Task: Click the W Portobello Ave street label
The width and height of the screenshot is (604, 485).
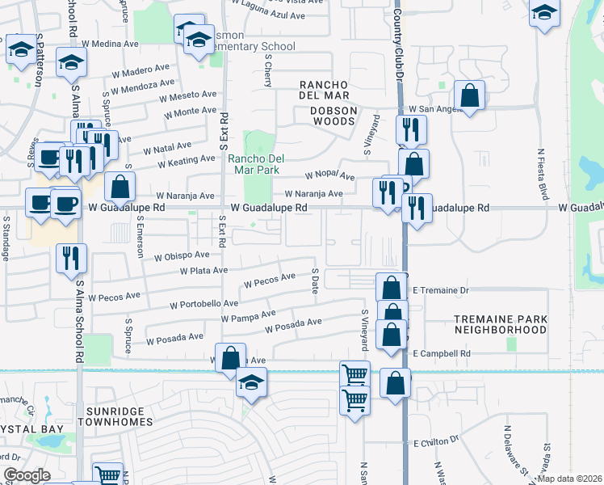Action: click(x=203, y=305)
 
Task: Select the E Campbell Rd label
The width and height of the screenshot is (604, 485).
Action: click(x=441, y=353)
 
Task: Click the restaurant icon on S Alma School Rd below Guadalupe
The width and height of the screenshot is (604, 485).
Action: click(x=71, y=259)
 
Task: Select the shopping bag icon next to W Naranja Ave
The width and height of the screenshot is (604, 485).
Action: click(x=120, y=188)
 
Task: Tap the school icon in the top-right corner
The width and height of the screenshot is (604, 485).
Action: click(x=545, y=14)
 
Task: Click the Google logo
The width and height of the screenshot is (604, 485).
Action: click(x=26, y=475)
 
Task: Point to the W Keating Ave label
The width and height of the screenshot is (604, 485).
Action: click(x=186, y=162)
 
